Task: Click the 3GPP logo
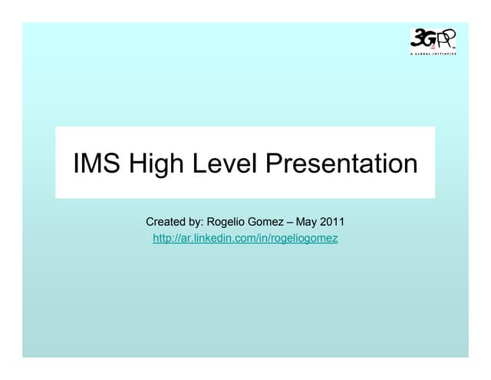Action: [x=433, y=41]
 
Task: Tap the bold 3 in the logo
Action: [x=419, y=38]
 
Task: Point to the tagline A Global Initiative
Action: [x=433, y=55]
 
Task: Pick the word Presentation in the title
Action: [x=341, y=164]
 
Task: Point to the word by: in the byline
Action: [x=196, y=223]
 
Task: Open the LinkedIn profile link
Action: [x=245, y=239]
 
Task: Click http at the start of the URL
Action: [x=163, y=239]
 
